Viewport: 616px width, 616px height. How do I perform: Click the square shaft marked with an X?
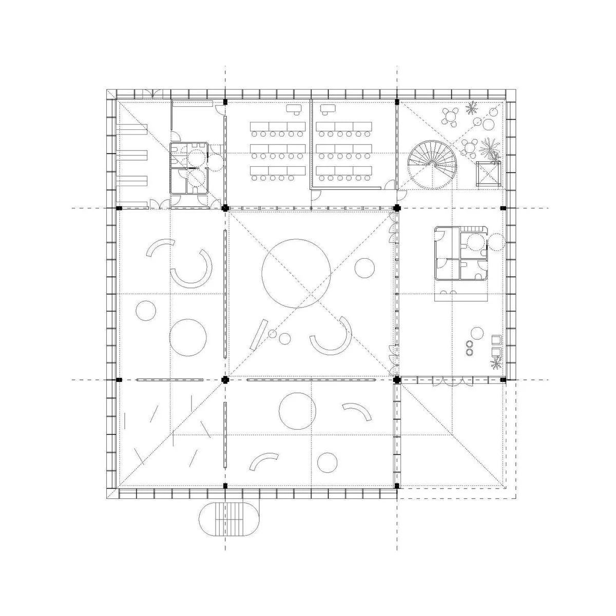pos(488,174)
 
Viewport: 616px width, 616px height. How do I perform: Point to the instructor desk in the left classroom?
pos(294,108)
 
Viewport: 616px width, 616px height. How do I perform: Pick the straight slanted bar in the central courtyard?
pos(259,335)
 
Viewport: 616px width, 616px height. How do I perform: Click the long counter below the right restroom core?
pos(460,296)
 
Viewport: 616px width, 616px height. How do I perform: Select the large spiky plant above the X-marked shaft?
pos(489,148)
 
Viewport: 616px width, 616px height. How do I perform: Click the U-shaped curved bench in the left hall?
pos(193,269)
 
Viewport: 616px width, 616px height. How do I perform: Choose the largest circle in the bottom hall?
pos(297,410)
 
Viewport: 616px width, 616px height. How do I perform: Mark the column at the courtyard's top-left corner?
pos(224,208)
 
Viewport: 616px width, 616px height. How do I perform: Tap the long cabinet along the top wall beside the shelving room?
pos(192,103)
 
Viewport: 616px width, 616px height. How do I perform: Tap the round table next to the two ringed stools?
pos(476,333)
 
